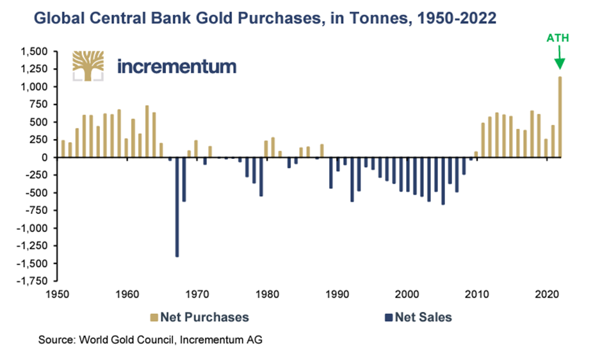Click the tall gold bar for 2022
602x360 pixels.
560,117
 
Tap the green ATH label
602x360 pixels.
557,38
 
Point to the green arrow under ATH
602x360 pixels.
558,60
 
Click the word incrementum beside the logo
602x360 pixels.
177,65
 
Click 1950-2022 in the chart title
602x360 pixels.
449,18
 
